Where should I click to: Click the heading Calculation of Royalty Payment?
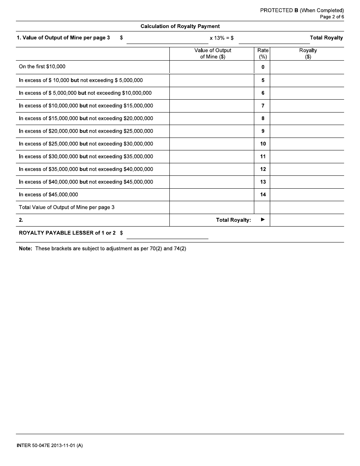pyautogui.click(x=180, y=27)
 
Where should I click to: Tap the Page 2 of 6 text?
pyautogui.click(x=332, y=17)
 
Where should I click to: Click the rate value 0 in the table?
pyautogui.click(x=263, y=67)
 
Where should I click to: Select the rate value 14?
pyautogui.click(x=263, y=195)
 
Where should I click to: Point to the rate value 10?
pyautogui.click(x=263, y=144)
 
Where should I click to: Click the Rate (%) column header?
pyautogui.click(x=263, y=53)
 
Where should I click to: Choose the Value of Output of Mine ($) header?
pyautogui.click(x=213, y=53)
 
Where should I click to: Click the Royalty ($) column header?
pyautogui.click(x=308, y=53)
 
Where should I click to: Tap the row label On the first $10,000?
pyautogui.click(x=42, y=67)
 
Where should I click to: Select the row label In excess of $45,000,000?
pyautogui.click(x=49, y=195)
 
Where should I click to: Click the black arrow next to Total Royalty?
pyautogui.click(x=263, y=220)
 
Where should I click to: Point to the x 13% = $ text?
pyautogui.click(x=221, y=38)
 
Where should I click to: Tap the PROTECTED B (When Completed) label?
pyautogui.click(x=302, y=11)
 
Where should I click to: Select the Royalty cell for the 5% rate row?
pyautogui.click(x=307, y=80)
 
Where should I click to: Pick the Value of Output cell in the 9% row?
pyautogui.click(x=211, y=131)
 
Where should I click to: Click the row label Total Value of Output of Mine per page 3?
pyautogui.click(x=67, y=208)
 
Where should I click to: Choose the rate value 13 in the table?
pyautogui.click(x=263, y=182)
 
